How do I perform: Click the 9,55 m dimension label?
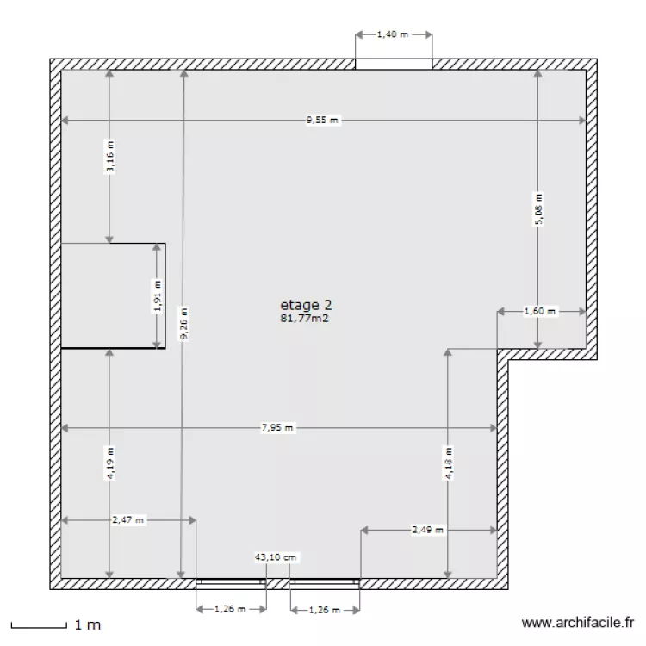[x=323, y=121]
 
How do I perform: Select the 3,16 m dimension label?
[x=109, y=157]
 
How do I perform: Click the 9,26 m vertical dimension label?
[x=183, y=325]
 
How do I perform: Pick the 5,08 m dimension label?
[x=539, y=209]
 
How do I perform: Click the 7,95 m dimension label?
[x=277, y=427]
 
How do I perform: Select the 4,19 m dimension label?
[x=109, y=463]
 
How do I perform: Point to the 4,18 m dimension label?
[x=448, y=463]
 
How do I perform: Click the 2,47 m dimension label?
[x=128, y=519]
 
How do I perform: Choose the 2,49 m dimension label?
[x=427, y=530]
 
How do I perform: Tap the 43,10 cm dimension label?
[x=276, y=557]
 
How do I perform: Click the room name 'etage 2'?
[x=306, y=304]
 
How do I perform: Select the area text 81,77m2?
[x=306, y=318]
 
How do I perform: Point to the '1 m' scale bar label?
[x=88, y=624]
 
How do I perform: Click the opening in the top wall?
[x=394, y=64]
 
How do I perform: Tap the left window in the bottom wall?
[x=230, y=582]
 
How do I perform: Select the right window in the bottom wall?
[x=325, y=582]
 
